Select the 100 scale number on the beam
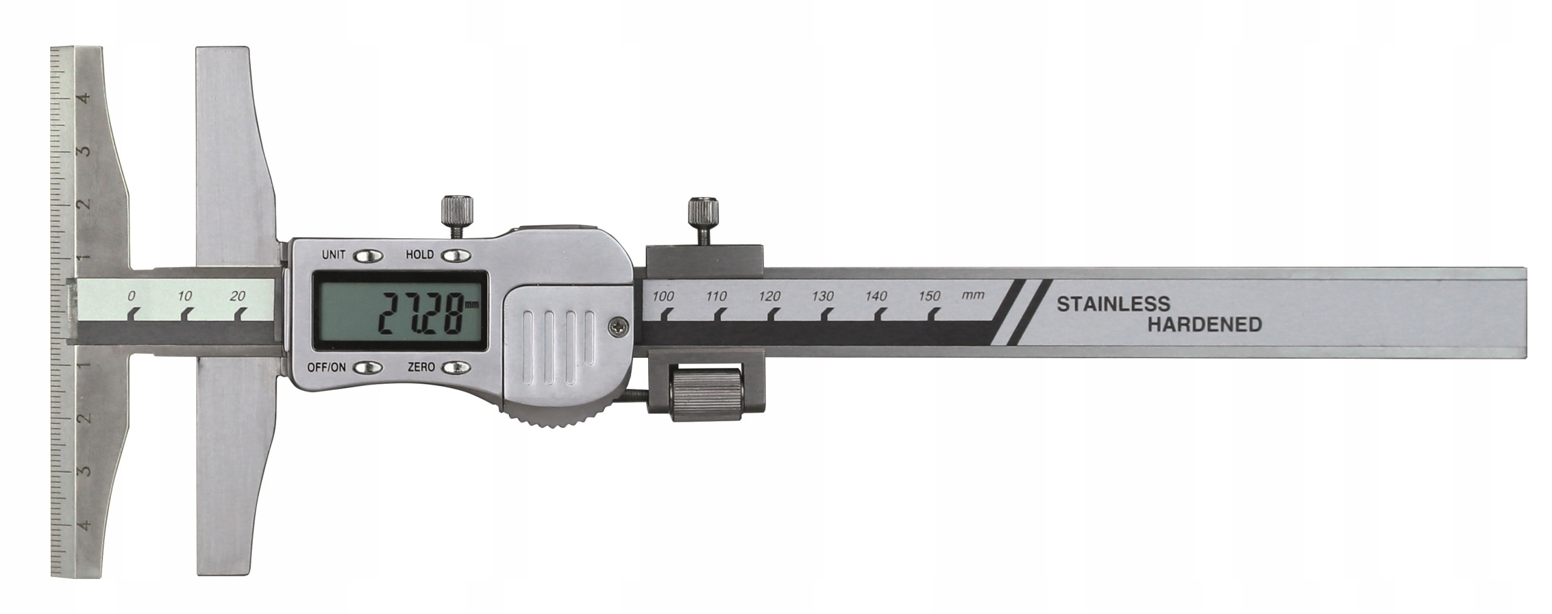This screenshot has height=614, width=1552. tap(663, 296)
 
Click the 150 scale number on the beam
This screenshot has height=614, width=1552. tap(929, 296)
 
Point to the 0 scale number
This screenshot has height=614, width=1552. tap(131, 296)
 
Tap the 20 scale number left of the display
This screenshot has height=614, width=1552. tap(238, 296)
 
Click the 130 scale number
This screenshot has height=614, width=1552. tap(823, 296)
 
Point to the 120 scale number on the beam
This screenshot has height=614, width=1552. tap(769, 296)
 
